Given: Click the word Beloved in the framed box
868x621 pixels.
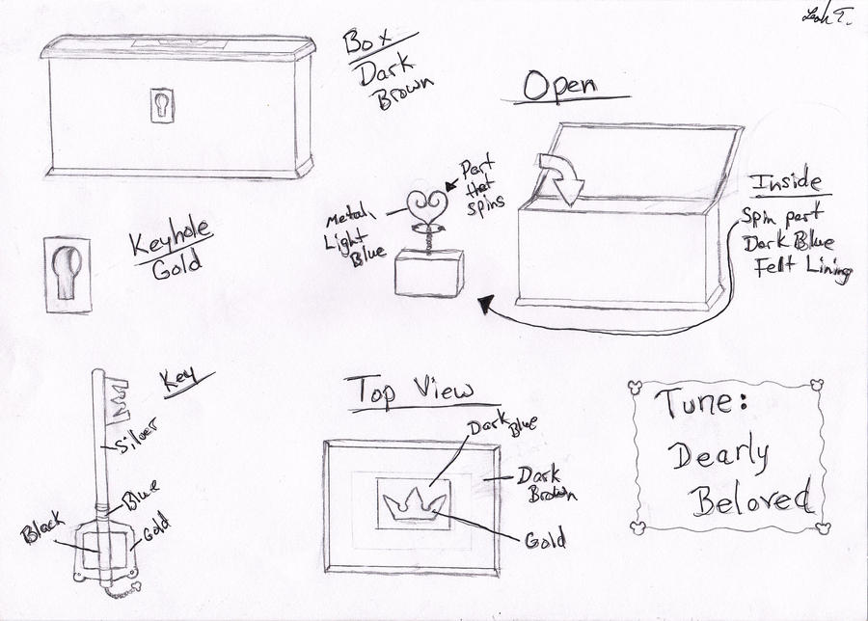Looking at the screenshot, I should pos(741,499).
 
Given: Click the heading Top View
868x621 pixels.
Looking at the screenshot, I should pos(411,390).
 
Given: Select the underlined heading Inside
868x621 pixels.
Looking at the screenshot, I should pos(786,183).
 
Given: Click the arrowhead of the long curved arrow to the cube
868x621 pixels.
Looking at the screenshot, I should pos(485,306).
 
